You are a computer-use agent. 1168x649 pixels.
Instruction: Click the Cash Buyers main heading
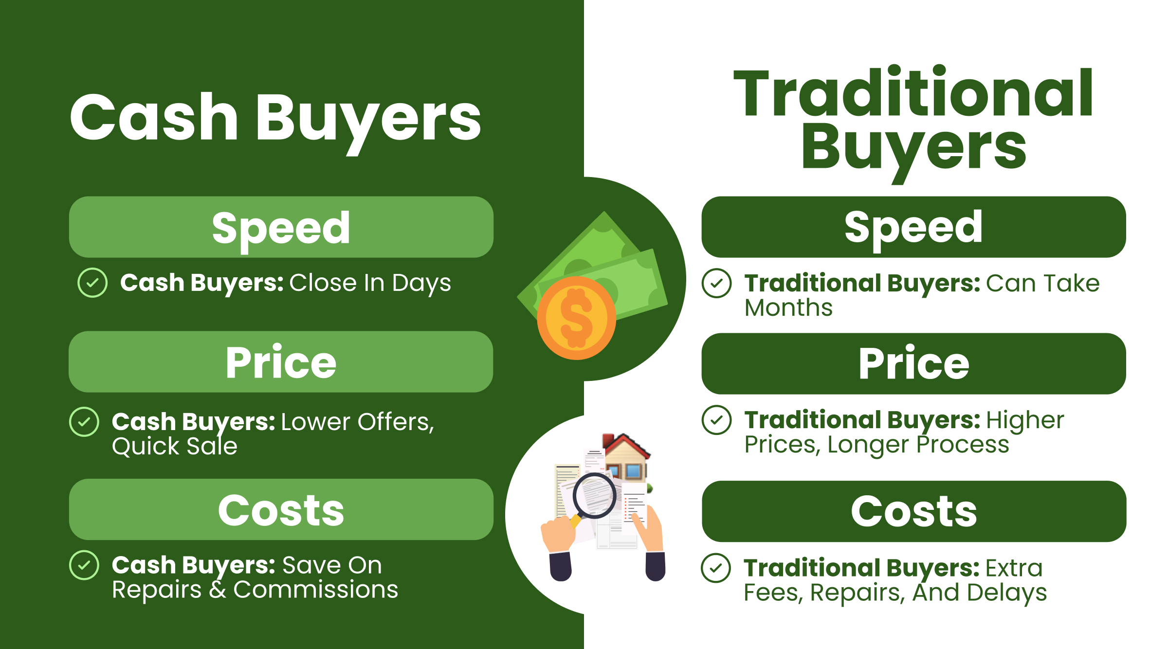(275, 118)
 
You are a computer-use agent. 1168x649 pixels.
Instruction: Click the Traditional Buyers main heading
(913, 119)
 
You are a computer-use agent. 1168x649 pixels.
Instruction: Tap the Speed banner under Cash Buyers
(281, 227)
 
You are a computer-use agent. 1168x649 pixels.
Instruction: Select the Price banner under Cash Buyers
(281, 362)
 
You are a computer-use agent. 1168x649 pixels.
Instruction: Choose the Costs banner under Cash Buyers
(281, 510)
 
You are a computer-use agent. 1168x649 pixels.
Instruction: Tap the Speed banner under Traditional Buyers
(913, 227)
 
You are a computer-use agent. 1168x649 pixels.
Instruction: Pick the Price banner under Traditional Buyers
(913, 364)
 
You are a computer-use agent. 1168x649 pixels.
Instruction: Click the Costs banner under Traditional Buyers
(913, 511)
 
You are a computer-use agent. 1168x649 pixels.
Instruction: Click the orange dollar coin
(576, 318)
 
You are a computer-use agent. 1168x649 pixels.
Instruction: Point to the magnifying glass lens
(595, 496)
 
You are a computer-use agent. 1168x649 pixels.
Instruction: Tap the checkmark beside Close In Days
(92, 283)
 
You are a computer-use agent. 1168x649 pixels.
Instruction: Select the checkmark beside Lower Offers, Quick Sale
(84, 422)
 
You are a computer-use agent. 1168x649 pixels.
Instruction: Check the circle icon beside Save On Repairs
(84, 565)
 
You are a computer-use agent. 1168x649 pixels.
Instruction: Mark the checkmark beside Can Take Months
(716, 283)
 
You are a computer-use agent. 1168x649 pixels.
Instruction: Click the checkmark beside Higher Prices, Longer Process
(716, 420)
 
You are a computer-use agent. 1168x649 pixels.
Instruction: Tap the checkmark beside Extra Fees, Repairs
(716, 568)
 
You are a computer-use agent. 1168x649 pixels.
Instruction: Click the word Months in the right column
(788, 308)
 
